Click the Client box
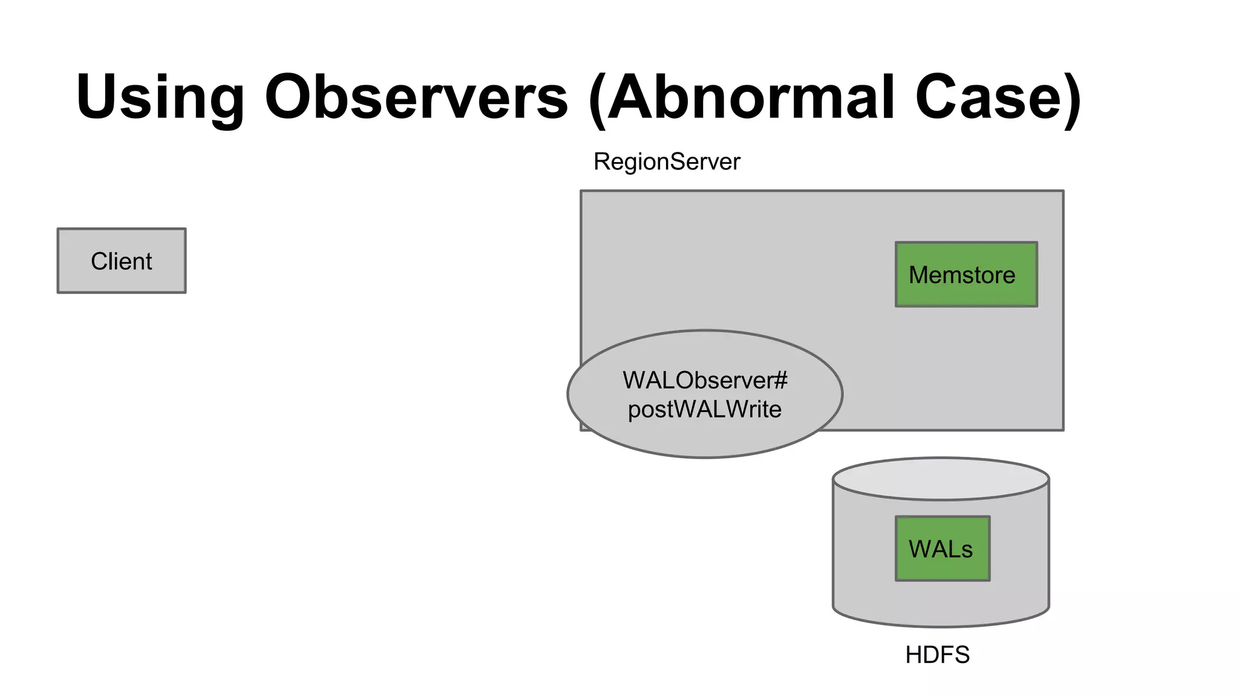121,261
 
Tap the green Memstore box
966,275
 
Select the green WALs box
942,549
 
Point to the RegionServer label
666,162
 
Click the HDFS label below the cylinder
937,655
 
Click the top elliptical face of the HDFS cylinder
941,479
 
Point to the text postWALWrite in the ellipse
704,410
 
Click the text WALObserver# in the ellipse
704,381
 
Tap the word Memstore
961,275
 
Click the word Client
121,261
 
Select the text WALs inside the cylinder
940,549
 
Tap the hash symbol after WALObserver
780,381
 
